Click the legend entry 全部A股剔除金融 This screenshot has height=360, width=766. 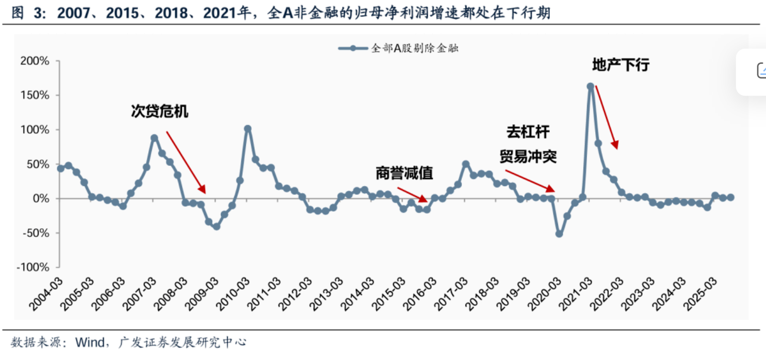pos(398,48)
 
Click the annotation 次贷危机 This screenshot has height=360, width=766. pos(160,112)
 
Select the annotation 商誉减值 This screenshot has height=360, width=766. pos(404,173)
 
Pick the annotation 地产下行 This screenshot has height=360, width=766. pos(621,65)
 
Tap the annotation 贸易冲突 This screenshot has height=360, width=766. pos(528,156)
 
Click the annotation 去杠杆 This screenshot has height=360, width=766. pos(528,132)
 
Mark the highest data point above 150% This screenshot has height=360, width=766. pos(591,86)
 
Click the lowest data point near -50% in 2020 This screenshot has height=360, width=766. pos(559,234)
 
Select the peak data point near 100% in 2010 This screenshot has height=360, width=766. pos(247,129)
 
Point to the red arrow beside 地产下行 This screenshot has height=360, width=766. pos(607,117)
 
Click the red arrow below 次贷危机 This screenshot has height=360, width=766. pos(186,162)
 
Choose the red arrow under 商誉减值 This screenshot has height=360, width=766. pos(412,195)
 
